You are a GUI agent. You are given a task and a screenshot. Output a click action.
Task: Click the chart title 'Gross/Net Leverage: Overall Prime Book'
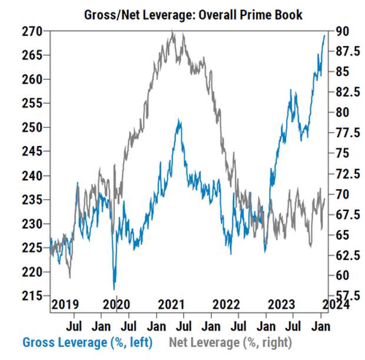point(193,15)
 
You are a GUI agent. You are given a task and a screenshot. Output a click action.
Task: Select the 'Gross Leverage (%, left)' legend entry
point(88,342)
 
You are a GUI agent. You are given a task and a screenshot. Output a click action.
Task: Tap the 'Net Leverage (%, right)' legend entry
point(230,342)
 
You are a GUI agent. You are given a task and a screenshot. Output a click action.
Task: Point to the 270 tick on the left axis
point(32,31)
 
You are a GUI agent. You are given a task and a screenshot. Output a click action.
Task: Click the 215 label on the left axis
point(32,296)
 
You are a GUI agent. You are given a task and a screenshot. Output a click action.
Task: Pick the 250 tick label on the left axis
point(32,127)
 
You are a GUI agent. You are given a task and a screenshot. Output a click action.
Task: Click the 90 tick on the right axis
point(342,31)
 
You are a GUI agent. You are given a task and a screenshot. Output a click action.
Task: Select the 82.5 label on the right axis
point(348,92)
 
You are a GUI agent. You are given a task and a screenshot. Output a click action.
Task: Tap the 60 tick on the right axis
point(342,275)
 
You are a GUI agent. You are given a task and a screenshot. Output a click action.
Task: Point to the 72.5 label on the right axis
point(348,174)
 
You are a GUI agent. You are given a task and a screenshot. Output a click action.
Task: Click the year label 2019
point(65,304)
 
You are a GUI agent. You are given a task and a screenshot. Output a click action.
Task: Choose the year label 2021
point(171,304)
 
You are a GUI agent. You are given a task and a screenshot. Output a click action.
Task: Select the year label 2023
point(281,304)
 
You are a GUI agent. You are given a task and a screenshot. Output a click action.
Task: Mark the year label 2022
point(226,304)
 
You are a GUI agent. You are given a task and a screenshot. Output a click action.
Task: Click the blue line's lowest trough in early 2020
point(114,289)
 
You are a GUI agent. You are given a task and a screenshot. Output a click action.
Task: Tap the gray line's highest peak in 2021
point(172,31)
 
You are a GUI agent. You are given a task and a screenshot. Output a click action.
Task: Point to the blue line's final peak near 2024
point(324,36)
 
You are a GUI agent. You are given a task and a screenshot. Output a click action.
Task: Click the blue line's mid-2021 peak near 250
point(178,120)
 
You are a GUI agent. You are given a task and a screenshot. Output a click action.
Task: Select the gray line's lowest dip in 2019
point(70,278)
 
